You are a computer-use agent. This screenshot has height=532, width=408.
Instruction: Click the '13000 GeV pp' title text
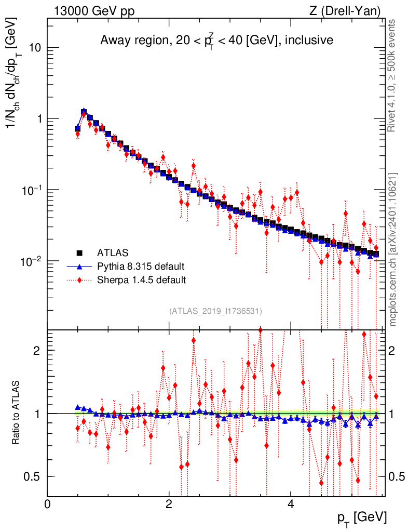click(93, 10)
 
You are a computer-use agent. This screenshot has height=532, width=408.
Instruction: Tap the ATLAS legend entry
click(113, 253)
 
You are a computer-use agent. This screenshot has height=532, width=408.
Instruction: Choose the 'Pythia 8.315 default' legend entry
click(141, 267)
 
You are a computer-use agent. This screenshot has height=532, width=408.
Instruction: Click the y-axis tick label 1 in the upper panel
click(38, 119)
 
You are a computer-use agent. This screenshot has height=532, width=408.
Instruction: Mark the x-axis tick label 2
click(169, 504)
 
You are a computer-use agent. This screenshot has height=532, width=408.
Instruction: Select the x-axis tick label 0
click(47, 504)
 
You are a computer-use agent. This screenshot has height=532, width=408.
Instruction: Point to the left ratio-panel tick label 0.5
click(33, 476)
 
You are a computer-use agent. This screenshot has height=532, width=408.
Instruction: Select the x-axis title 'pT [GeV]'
click(361, 517)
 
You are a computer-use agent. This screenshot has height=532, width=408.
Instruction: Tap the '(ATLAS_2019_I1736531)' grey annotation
click(215, 311)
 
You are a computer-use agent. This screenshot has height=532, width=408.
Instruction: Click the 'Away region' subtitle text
click(216, 40)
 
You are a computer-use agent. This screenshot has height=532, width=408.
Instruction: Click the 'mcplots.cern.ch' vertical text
click(393, 249)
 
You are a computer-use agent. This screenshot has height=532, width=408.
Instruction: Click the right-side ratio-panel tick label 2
click(393, 350)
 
